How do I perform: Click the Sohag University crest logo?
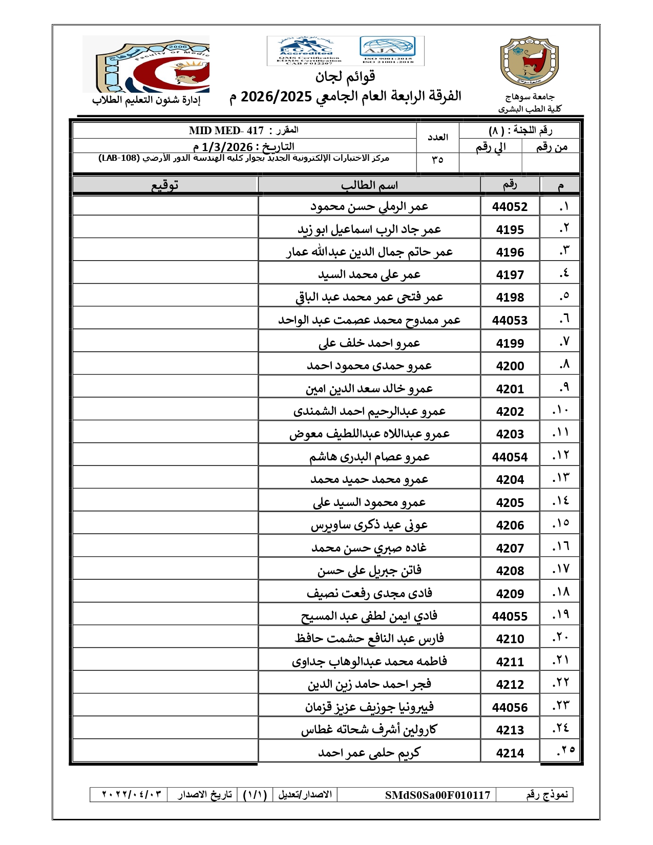click(x=529, y=62)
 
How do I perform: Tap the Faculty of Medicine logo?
click(x=146, y=64)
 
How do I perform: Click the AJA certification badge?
click(x=388, y=50)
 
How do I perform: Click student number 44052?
click(x=510, y=207)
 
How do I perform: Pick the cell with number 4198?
click(x=510, y=298)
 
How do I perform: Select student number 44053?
click(x=510, y=321)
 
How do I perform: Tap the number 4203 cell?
click(x=510, y=434)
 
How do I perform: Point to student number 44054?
click(x=510, y=457)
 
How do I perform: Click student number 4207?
click(x=510, y=548)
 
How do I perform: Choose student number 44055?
click(x=510, y=617)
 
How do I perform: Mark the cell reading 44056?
click(x=510, y=708)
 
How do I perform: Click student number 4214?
click(x=510, y=753)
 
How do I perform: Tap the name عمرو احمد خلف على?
click(x=369, y=343)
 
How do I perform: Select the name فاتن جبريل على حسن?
click(x=369, y=571)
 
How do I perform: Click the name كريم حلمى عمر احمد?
click(x=369, y=753)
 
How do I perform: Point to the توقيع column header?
click(x=165, y=185)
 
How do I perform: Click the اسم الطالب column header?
click(x=369, y=185)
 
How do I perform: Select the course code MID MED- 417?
click(x=226, y=131)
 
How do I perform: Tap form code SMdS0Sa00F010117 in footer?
click(x=437, y=795)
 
